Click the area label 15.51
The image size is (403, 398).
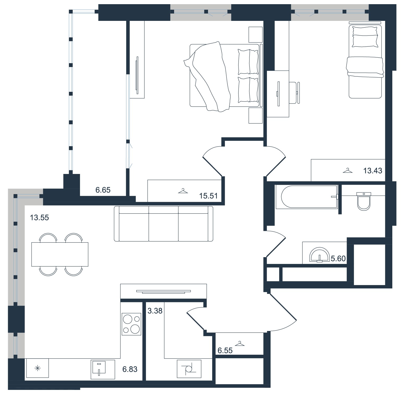208,196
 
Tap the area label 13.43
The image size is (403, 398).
373,171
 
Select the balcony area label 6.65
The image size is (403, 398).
103,190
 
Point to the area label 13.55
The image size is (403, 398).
39,218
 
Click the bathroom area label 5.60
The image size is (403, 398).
338,259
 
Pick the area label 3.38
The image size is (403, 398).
155,311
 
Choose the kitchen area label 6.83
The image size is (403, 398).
130,369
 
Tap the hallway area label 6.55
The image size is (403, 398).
225,351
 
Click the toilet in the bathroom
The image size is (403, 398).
364,201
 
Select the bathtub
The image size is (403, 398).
307,197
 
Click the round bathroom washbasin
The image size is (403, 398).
319,255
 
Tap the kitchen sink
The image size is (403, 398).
103,369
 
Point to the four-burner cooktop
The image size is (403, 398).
131,324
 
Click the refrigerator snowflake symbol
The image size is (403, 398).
38,368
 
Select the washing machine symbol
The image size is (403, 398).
189,369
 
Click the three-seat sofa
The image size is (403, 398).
163,224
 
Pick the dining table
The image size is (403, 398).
60,254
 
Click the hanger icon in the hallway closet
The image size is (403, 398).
240,344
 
